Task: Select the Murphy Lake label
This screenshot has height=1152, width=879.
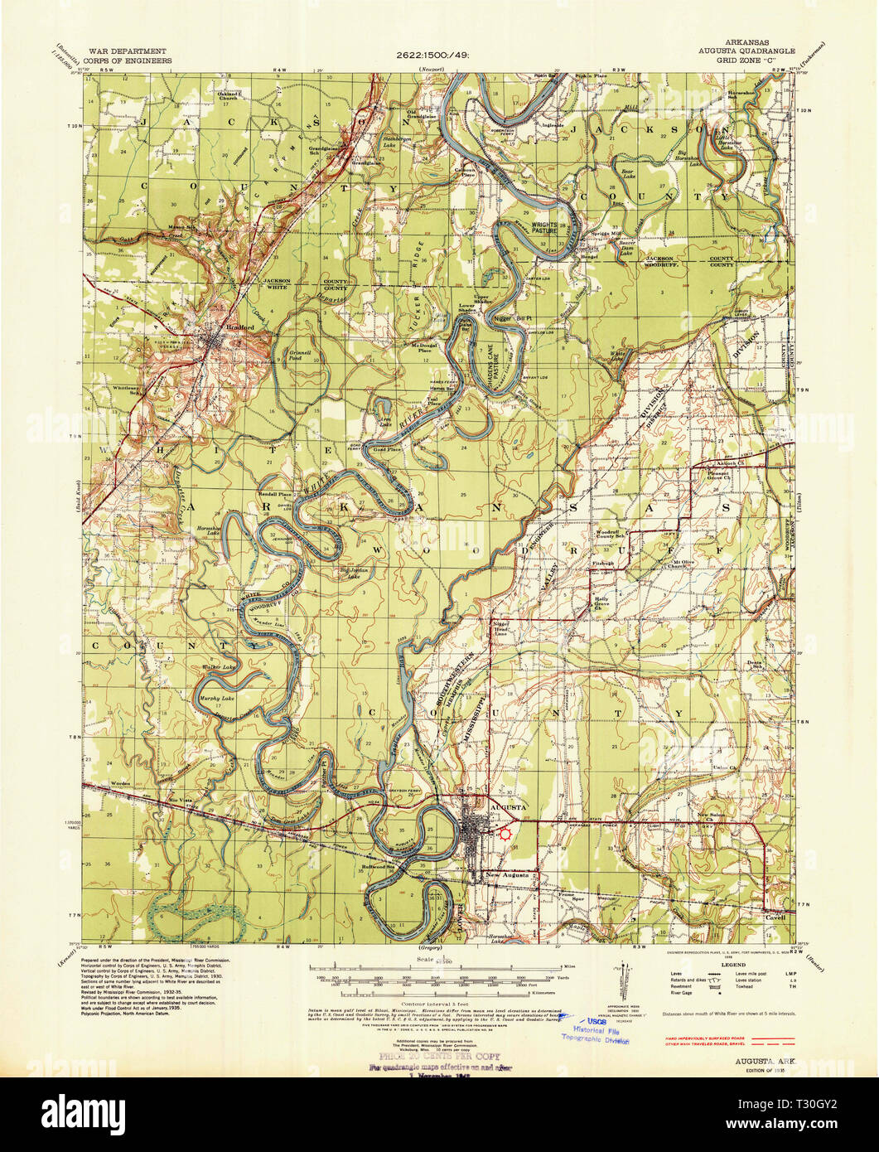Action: click(217, 699)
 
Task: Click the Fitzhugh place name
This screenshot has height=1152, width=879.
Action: click(602, 563)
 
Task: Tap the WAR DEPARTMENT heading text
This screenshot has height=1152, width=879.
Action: click(133, 51)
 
